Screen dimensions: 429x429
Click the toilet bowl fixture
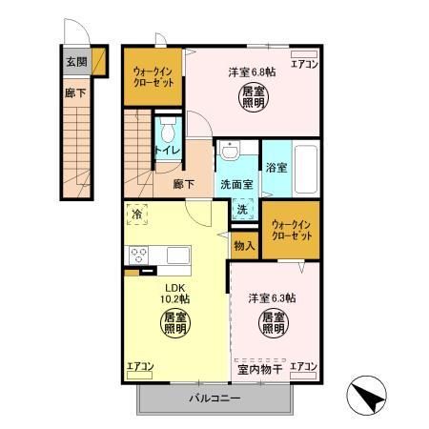(x=167, y=131)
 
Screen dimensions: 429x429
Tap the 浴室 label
(x=276, y=166)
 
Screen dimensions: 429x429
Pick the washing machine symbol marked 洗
(x=242, y=209)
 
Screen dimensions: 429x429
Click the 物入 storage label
(x=243, y=246)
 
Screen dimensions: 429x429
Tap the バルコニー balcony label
(x=214, y=397)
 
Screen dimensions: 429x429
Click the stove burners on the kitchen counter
(x=139, y=255)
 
